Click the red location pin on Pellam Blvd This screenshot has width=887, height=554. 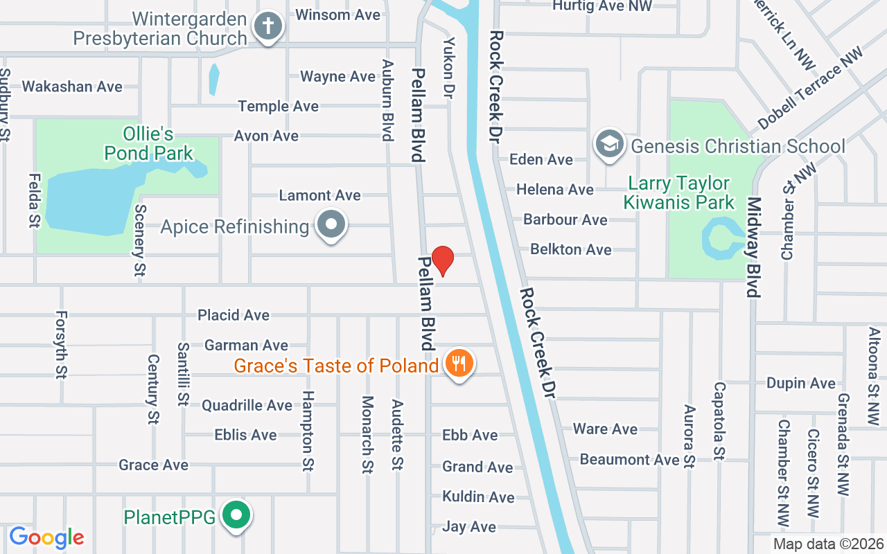(442, 260)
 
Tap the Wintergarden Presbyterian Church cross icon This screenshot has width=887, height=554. (267, 28)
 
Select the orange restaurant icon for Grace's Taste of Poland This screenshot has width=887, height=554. (458, 361)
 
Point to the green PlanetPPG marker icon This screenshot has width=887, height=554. (237, 515)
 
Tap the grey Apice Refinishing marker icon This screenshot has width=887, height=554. (331, 224)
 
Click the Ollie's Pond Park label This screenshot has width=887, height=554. (148, 143)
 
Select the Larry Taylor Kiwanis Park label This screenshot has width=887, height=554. (678, 193)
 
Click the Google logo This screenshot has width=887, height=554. (46, 537)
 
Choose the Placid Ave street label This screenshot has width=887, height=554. (234, 315)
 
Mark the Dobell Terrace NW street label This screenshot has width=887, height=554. (811, 87)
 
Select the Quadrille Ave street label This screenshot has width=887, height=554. (247, 405)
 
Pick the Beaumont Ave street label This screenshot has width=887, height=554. (629, 459)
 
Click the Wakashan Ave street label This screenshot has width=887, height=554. (72, 87)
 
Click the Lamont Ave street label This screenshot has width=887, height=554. (319, 195)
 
